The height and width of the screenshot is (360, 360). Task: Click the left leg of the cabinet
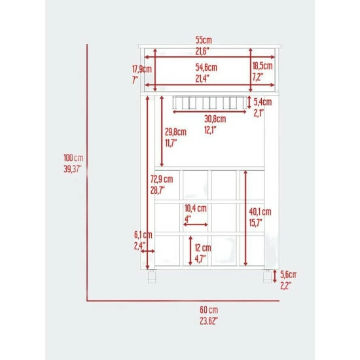[x=152, y=276]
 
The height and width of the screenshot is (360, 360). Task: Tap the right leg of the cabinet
[x=268, y=276]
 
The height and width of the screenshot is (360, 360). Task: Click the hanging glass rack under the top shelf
[x=209, y=102]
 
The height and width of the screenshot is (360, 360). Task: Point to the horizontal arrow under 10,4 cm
[x=196, y=225]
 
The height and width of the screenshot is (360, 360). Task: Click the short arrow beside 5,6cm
[x=275, y=276]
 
